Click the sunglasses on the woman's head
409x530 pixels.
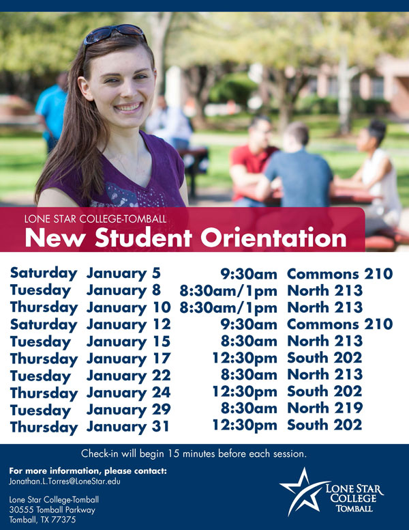tap(114, 33)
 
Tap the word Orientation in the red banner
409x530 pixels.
tap(273, 237)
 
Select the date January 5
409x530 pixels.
tap(123, 274)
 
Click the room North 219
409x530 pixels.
tap(324, 408)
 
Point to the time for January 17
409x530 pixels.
tap(245, 359)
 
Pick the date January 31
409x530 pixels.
tap(128, 427)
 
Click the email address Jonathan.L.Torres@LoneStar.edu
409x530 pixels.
tap(65, 481)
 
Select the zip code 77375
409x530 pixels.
tap(63, 520)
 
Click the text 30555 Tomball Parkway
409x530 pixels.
tap(52, 510)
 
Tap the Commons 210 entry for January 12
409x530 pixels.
tap(340, 324)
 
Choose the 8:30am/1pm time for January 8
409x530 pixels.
tap(228, 291)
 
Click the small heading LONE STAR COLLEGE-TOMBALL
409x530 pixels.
tap(95, 219)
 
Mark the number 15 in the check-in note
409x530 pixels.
tap(172, 454)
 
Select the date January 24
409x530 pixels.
tap(129, 393)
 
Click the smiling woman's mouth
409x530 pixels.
tap(127, 108)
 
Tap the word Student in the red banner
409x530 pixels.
tap(143, 237)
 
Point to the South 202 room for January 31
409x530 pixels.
tap(324, 425)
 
